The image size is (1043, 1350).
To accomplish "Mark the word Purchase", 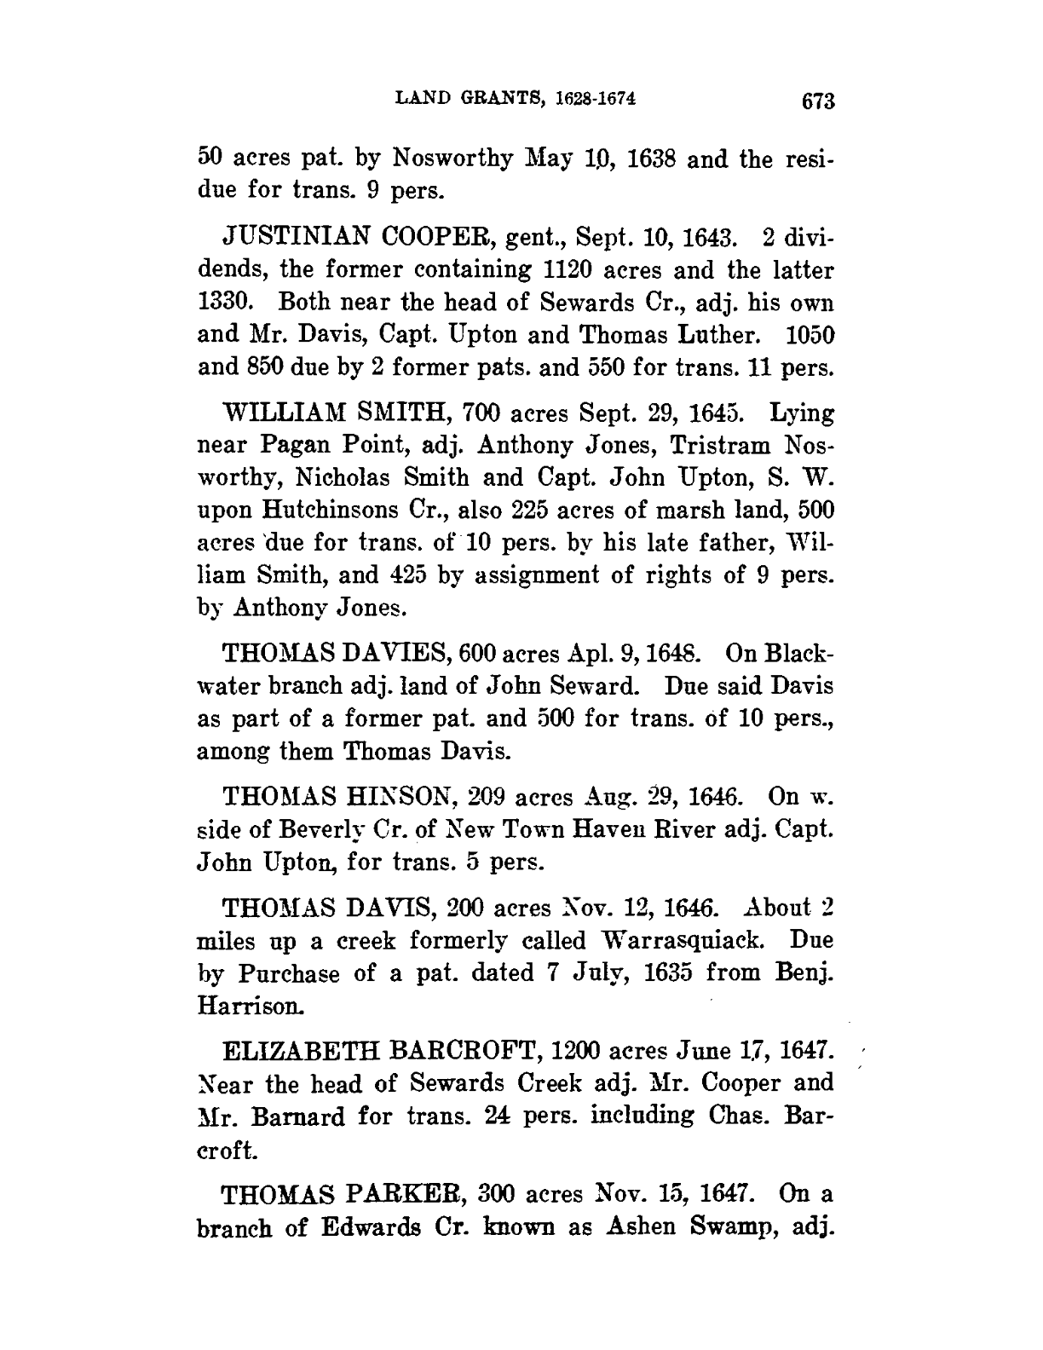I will [290, 974].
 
